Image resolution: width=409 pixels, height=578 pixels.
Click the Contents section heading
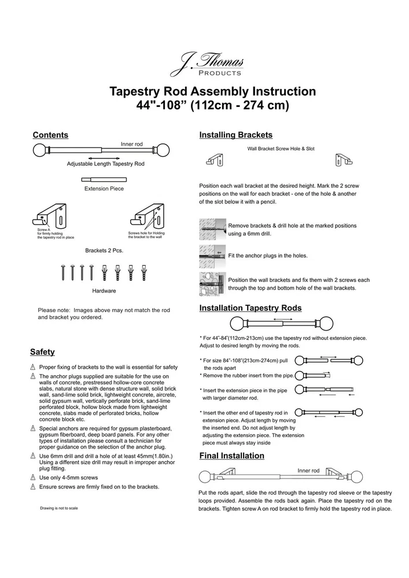coord(50,135)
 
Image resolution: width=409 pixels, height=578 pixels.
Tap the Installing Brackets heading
coord(235,135)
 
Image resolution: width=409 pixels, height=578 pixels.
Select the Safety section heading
coord(42,352)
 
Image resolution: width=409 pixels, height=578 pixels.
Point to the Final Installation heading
coord(231,456)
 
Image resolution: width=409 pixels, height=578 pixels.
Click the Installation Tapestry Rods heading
coord(250,308)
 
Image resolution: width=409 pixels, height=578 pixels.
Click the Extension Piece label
coord(104,188)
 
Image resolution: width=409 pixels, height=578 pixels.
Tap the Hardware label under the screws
coord(104,291)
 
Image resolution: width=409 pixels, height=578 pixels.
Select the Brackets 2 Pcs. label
coord(104,251)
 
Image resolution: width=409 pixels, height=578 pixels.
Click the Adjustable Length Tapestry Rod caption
coord(105,164)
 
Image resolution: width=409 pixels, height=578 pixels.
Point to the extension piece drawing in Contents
coord(103,180)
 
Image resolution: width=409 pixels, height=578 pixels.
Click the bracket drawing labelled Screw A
coord(51,217)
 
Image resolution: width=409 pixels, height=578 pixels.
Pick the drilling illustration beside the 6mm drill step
coord(212,229)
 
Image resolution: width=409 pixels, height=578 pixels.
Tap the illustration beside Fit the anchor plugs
coord(212,254)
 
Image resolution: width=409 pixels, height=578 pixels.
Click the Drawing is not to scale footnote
coord(59,508)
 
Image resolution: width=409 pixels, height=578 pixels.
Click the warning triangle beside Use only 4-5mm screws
coord(33,478)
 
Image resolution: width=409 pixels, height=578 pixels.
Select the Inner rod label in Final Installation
coord(308,471)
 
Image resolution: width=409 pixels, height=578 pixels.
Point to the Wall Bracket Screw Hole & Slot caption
coord(281,149)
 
